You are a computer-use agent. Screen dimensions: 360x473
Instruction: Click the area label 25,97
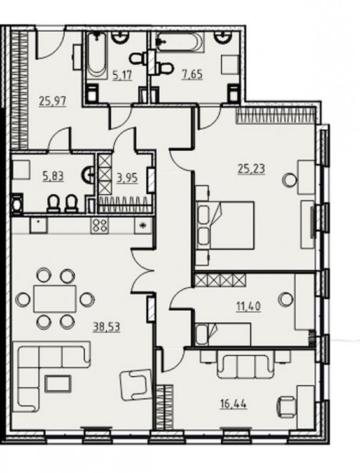coord(52,101)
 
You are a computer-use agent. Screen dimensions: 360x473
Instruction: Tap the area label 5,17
coord(122,74)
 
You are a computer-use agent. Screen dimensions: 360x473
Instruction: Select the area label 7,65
coord(192,74)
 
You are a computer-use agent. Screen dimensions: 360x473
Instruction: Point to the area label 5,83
coord(53,176)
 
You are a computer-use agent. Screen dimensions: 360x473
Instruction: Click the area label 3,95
coord(127,178)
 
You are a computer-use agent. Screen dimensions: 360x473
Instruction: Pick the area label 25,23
coord(251,169)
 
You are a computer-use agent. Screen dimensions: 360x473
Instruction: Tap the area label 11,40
coord(249,306)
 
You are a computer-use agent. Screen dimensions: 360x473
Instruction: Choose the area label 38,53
coord(106,327)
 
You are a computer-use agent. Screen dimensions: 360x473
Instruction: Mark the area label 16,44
coord(233,404)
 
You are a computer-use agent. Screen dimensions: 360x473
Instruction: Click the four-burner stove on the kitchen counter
coord(100,225)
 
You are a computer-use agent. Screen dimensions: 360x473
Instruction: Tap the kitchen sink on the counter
coord(39,225)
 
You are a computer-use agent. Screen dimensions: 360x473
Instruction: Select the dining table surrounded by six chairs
coord(55,299)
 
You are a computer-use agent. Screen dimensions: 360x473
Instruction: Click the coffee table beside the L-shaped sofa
coord(58,383)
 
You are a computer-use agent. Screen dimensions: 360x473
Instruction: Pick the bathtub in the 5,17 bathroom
coord(97,56)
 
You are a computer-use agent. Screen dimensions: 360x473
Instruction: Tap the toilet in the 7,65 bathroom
coord(165,67)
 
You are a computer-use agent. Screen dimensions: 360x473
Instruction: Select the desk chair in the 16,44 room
coord(286,404)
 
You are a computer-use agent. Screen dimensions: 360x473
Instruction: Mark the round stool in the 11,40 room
coord(285,299)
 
